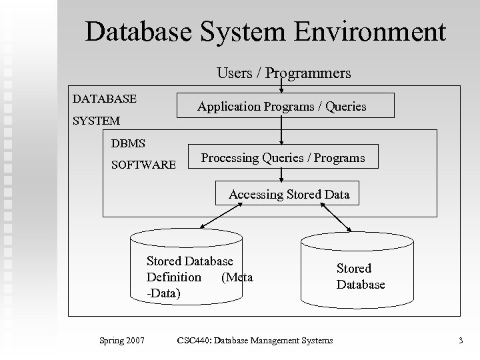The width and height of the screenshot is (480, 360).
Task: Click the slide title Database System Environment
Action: coord(265,31)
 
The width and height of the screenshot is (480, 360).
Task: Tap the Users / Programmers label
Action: coord(283,73)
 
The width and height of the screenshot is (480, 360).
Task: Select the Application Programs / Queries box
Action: coord(285,105)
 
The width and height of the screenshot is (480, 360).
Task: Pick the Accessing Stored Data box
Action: coord(289,194)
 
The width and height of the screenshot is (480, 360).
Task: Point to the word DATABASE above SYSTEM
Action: coord(105,99)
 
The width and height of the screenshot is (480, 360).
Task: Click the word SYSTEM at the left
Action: coord(96,121)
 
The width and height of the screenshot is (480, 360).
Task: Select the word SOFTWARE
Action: coord(144,164)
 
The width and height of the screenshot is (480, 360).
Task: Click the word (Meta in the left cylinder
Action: coord(237,277)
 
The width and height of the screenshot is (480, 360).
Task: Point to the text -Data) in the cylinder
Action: coord(163,292)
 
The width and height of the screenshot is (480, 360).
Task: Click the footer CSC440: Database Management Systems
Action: coord(255,341)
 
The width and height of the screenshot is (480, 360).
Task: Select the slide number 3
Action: coord(460,341)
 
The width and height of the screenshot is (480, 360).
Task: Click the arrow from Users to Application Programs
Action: coord(282,87)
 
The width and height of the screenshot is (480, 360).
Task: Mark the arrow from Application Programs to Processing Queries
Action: coord(282,131)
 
